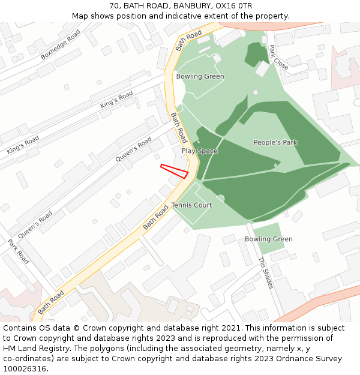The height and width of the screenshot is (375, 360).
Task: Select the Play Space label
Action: pyautogui.click(x=200, y=151)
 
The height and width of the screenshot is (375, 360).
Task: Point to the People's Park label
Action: pyautogui.click(x=275, y=142)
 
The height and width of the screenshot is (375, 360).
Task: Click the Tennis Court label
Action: pyautogui.click(x=191, y=205)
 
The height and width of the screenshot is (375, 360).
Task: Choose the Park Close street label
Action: pyautogui.click(x=278, y=58)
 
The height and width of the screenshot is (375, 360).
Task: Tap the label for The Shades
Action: pyautogui.click(x=265, y=273)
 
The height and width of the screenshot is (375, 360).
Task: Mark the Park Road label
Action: pyautogui.click(x=19, y=252)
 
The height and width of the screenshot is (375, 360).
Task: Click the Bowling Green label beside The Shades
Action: pyautogui.click(x=268, y=239)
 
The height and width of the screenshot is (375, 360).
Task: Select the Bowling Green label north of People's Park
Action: pyautogui.click(x=200, y=76)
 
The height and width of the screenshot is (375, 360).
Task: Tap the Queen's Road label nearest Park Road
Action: pyautogui.click(x=35, y=225)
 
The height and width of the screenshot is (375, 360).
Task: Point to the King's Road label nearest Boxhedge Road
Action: pyautogui.click(x=116, y=100)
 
